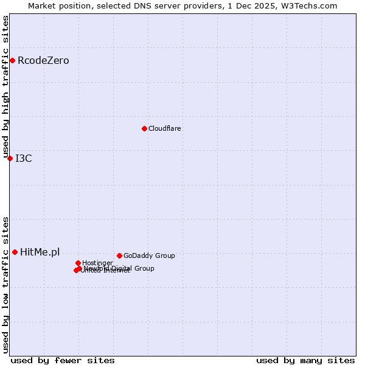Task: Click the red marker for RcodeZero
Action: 12,60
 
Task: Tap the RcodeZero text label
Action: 43,60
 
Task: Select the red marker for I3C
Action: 10,158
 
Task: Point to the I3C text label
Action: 24,159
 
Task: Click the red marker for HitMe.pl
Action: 15,252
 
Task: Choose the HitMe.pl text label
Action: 40,252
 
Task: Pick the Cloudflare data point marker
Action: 144,128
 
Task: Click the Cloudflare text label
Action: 165,128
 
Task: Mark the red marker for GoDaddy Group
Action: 119,255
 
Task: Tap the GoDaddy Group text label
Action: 149,255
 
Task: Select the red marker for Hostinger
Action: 78,263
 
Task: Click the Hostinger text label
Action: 97,263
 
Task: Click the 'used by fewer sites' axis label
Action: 63,360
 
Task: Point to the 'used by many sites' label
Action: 305,360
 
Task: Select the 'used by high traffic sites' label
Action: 5,86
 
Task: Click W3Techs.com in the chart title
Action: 310,5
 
